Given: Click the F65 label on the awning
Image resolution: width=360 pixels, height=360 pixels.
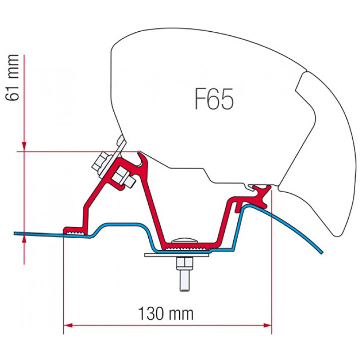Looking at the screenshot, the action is coord(214,99).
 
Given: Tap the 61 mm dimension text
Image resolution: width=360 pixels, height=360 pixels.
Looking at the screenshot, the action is coord(12,78).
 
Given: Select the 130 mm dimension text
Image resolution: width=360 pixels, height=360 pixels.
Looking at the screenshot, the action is coord(166,314).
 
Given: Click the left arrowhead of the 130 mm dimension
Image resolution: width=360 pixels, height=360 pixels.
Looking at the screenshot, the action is coord(68,325).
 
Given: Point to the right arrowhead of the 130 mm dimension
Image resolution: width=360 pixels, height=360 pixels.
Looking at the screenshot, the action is coord(267,325).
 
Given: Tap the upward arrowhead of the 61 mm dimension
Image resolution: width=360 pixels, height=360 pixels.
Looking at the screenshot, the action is coord(24,239).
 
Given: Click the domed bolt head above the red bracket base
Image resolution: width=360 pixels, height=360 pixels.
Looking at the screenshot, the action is coord(185,240).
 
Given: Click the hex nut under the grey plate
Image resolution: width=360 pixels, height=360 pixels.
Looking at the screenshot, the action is coord(185,264).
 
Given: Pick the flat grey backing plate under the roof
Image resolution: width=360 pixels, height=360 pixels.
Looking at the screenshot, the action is coord(177,255).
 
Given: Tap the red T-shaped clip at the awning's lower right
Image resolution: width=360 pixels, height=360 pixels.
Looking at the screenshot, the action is coord(262,194).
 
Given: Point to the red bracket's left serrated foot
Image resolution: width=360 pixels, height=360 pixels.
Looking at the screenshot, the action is coord(75,231).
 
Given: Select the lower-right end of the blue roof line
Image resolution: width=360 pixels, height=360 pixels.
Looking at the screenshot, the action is coord(321,253).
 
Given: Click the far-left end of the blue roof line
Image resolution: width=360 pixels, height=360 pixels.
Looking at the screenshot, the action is coord(15,233).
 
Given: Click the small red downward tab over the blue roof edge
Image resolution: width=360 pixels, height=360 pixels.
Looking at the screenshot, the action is coord(238,207).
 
